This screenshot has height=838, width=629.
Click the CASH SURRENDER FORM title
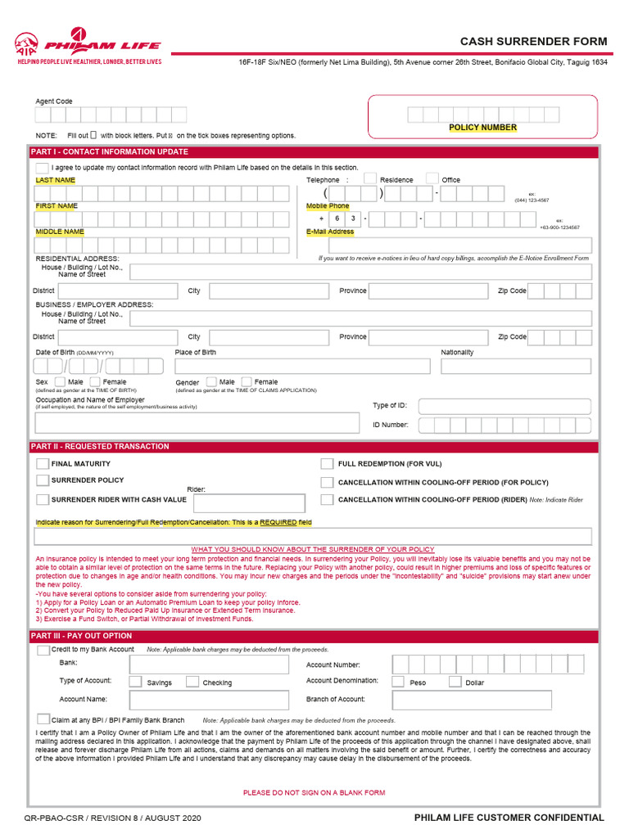[533, 42]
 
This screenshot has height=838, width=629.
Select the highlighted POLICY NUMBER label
[482, 128]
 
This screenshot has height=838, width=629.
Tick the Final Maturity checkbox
[43, 464]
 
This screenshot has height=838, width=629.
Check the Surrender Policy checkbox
[43, 480]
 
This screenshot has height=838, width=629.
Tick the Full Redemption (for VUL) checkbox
[327, 464]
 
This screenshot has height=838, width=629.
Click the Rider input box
[249, 502]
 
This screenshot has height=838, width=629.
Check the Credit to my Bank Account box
[43, 651]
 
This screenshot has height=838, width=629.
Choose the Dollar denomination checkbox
[454, 682]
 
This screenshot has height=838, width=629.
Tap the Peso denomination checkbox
[398, 682]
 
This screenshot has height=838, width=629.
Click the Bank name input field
[209, 665]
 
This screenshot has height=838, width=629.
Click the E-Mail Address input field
[448, 245]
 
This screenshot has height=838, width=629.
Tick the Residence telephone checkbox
[369, 179]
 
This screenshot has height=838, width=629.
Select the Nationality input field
[516, 366]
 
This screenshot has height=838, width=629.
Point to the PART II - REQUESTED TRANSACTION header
[100, 447]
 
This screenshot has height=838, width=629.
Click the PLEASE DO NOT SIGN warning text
[314, 792]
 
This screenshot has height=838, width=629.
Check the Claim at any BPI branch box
[43, 719]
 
